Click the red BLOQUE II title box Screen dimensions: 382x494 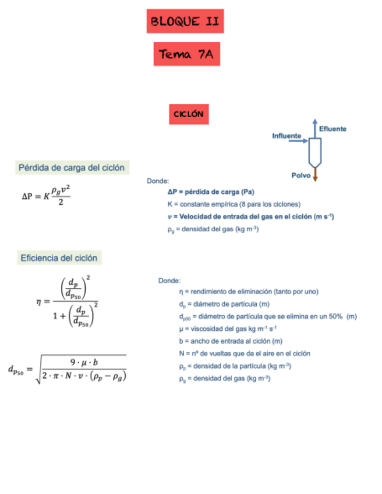click(x=185, y=22)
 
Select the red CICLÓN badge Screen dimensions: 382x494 click(x=188, y=114)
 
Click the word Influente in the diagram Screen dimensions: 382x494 click(x=286, y=136)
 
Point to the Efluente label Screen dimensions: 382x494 click(x=333, y=128)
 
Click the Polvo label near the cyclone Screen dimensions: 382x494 click(x=301, y=175)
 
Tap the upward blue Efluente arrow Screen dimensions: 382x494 click(x=314, y=129)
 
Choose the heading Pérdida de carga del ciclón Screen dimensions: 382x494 click(x=72, y=168)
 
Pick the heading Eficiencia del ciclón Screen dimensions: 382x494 click(x=59, y=257)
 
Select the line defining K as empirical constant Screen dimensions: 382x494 click(x=233, y=204)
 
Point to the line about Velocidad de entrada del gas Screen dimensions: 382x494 click(x=250, y=217)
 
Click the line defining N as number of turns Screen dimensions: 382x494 click(x=244, y=354)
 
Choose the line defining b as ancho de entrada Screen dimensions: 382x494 click(x=231, y=341)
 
